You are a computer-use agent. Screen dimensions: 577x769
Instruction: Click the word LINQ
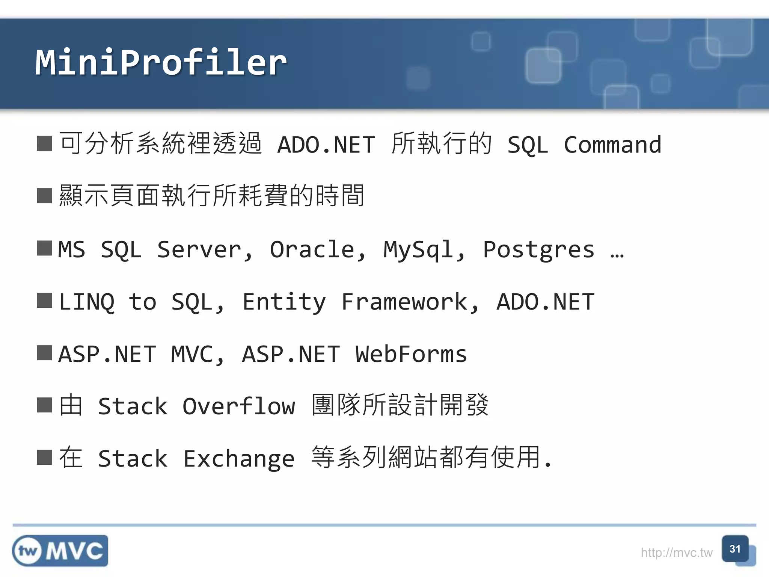coord(87,302)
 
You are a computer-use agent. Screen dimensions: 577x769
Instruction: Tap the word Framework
coord(404,302)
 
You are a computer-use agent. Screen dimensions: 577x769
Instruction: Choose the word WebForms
coord(411,354)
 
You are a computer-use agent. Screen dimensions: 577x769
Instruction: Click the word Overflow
coord(239,406)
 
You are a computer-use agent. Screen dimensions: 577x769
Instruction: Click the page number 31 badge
coord(735,549)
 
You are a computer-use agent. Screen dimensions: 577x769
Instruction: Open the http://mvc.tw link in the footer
coord(676,553)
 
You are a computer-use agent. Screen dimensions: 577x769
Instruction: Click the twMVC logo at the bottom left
coord(60,551)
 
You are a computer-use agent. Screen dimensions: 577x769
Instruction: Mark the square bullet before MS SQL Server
coord(44,248)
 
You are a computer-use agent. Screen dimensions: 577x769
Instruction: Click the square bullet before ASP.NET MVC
coord(44,353)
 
